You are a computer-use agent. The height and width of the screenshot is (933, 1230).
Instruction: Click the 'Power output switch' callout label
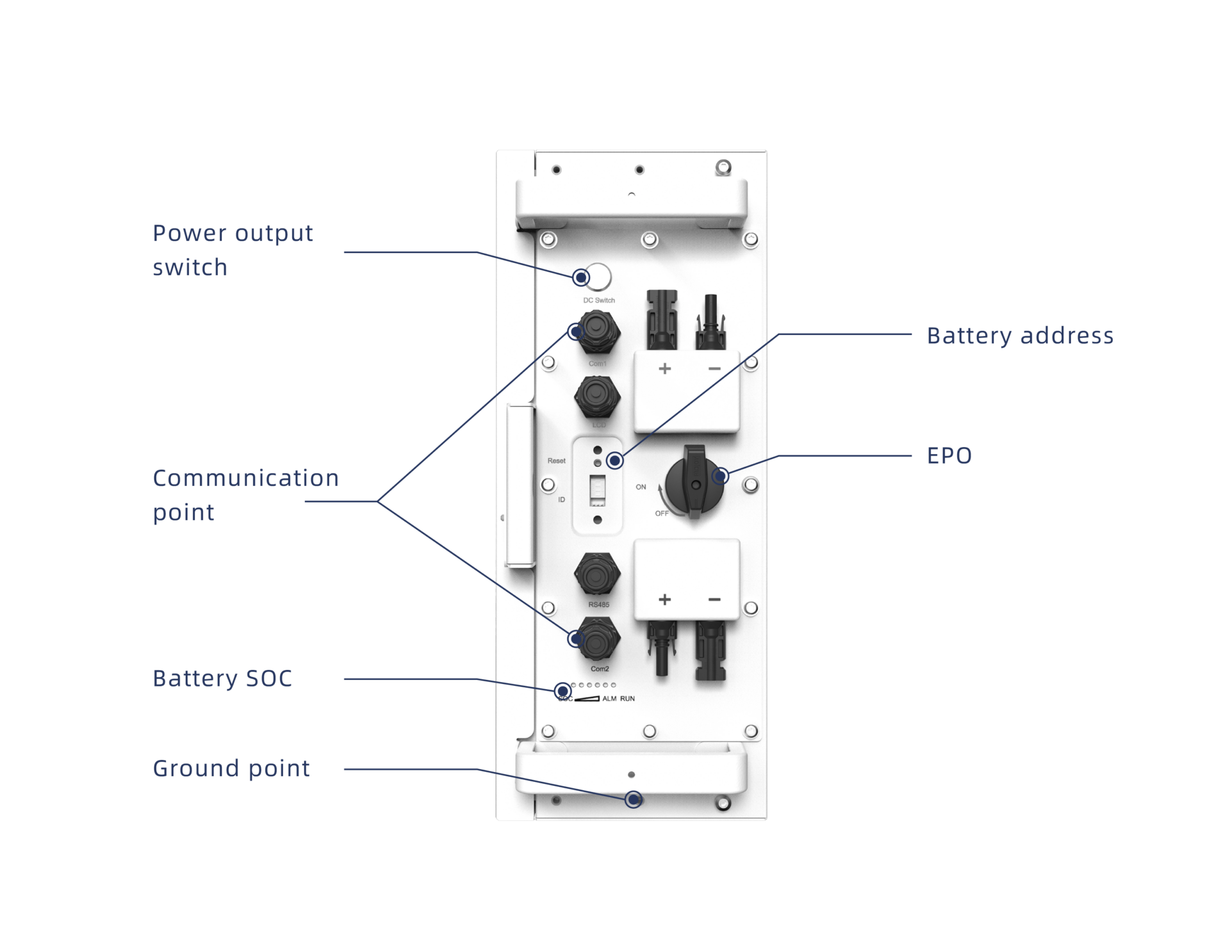click(233, 250)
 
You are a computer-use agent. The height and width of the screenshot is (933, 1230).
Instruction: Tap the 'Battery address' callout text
click(1020, 336)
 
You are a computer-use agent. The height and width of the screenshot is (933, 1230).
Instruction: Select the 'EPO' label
click(949, 456)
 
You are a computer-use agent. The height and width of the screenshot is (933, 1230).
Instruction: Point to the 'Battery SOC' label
click(222, 679)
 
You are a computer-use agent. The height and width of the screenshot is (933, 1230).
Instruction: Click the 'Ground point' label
click(231, 768)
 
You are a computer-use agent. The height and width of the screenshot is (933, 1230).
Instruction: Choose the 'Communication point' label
click(245, 495)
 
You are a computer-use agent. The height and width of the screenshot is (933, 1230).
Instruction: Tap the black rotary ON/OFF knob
click(694, 483)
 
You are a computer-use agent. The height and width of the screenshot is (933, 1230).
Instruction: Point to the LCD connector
click(597, 397)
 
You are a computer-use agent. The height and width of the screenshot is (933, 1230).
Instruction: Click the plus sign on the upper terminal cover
click(665, 369)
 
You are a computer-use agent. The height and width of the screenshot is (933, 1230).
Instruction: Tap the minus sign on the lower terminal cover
click(714, 599)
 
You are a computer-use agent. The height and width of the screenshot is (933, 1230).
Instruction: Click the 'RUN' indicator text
click(627, 699)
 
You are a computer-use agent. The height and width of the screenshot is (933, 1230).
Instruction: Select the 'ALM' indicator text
click(609, 699)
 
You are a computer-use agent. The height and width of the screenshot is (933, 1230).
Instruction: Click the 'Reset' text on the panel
click(556, 461)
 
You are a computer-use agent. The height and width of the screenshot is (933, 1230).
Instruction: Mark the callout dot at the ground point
click(634, 799)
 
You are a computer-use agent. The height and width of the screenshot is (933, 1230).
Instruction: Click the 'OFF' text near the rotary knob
click(662, 514)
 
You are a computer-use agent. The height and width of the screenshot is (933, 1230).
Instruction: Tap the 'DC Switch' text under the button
click(598, 300)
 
